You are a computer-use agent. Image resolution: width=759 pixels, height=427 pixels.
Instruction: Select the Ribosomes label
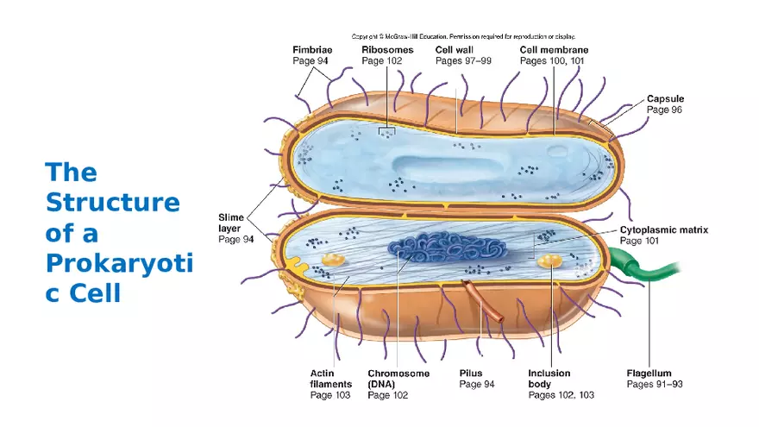tap(388, 50)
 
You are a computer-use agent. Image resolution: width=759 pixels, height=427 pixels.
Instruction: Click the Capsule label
tap(665, 99)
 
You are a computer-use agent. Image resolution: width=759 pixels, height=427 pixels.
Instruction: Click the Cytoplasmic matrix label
tap(663, 230)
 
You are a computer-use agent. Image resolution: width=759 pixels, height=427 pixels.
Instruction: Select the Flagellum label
tap(649, 374)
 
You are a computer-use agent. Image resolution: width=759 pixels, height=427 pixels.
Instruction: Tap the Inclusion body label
tap(549, 379)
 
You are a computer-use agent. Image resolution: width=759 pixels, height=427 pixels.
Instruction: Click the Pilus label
tap(471, 374)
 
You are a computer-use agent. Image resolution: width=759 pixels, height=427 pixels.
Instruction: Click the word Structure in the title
tap(112, 203)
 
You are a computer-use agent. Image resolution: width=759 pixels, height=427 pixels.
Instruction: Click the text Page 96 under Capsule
tap(664, 110)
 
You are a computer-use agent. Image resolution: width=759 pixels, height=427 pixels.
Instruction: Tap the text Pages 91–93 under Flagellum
tap(654, 384)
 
